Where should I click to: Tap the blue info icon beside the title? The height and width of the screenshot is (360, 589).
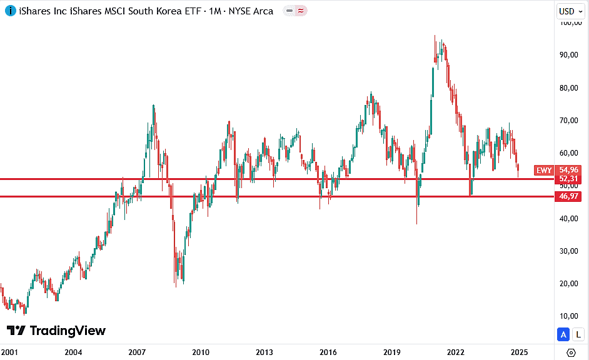(11, 11)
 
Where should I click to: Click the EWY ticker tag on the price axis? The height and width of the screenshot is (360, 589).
(544, 170)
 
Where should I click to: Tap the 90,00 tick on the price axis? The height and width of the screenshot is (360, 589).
(570, 55)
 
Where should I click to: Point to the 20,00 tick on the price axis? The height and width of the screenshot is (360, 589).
(570, 284)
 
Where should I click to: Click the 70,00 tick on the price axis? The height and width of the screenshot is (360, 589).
(570, 120)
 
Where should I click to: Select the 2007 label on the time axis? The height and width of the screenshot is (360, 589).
(137, 352)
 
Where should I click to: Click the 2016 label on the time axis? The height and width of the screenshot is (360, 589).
(328, 352)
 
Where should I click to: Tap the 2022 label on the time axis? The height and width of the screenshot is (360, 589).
(456, 352)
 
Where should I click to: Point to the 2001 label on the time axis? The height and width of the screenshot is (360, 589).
(9, 352)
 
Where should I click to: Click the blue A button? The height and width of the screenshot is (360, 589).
(564, 334)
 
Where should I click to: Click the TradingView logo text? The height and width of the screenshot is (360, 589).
(68, 331)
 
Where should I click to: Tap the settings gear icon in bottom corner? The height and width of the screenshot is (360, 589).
(571, 352)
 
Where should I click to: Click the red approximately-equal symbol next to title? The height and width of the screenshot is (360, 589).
(301, 11)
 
